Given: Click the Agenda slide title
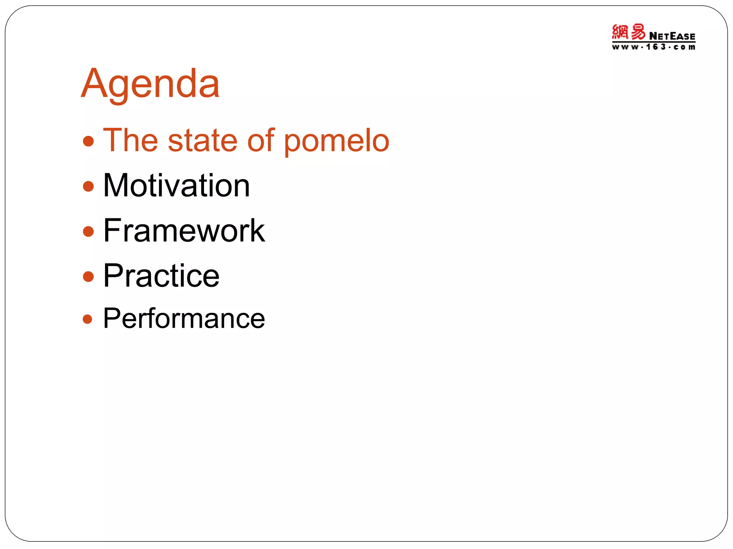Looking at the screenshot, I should (x=150, y=84).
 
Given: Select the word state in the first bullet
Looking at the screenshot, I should (x=203, y=140).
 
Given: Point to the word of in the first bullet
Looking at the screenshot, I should (x=261, y=140).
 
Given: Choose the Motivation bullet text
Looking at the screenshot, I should (x=176, y=186).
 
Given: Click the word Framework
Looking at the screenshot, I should (x=184, y=231).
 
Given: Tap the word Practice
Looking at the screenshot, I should (x=161, y=276).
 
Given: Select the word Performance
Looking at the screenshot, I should (x=184, y=318).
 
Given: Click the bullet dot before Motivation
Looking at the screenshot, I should (x=88, y=186).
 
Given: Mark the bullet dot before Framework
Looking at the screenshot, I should (x=88, y=231).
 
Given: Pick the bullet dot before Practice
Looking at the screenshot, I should (x=88, y=276).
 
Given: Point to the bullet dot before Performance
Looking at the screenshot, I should (x=88, y=319).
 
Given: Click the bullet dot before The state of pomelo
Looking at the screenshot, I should (x=88, y=141).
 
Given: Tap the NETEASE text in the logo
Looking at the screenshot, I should (x=672, y=36).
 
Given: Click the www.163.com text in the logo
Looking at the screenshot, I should (x=654, y=47).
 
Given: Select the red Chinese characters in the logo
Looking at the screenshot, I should (x=628, y=32).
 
